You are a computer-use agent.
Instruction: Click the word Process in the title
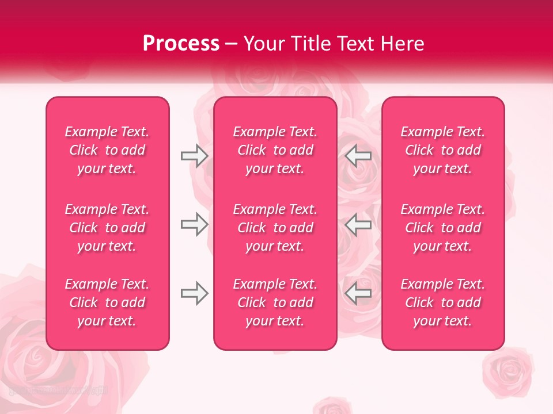[x=181, y=44]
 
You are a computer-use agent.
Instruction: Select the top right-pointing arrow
[x=194, y=156]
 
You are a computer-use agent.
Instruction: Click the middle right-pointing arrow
[x=194, y=224]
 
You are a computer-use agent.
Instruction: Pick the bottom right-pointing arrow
[x=194, y=293]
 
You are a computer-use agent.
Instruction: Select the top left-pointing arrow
[x=358, y=156]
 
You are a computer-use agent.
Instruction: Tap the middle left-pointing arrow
[x=358, y=224]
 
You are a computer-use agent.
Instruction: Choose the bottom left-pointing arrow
[x=358, y=293]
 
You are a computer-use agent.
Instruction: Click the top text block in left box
[x=107, y=150]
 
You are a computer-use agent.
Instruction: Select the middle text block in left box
[x=107, y=228]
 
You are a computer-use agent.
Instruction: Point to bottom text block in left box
[x=107, y=302]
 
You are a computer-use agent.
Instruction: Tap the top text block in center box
[x=275, y=150]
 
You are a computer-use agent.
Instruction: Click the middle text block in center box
[x=275, y=228]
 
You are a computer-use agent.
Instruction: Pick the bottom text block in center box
[x=275, y=302]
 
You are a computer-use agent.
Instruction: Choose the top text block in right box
[x=443, y=150]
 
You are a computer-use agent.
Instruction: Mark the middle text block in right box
[x=443, y=228]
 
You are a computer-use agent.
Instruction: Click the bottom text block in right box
[x=443, y=302]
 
